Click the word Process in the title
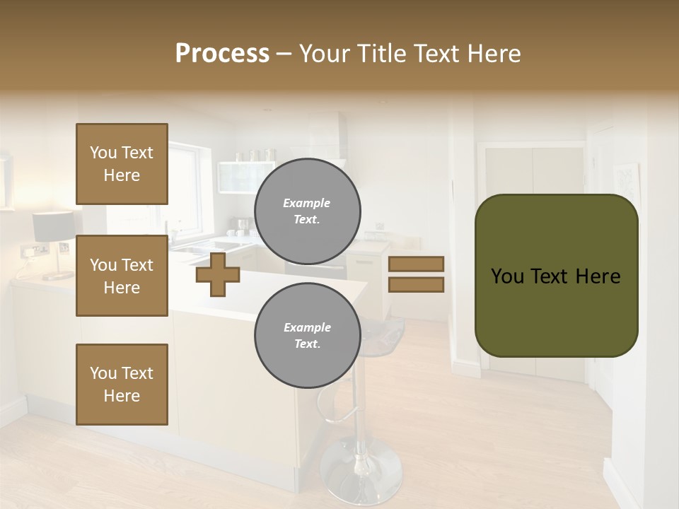click(x=222, y=54)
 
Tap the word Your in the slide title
click(x=324, y=54)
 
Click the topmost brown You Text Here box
click(x=122, y=164)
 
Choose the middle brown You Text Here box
click(x=122, y=276)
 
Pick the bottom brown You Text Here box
click(x=122, y=385)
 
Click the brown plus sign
click(x=217, y=274)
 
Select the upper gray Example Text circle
click(x=308, y=211)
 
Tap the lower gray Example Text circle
click(x=308, y=336)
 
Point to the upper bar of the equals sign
click(x=417, y=264)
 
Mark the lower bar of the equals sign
click(x=417, y=285)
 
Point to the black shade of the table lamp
click(x=53, y=226)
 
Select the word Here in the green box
click(x=597, y=276)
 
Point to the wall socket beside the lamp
click(x=33, y=250)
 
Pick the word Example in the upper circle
click(x=307, y=203)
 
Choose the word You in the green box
click(x=506, y=276)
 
